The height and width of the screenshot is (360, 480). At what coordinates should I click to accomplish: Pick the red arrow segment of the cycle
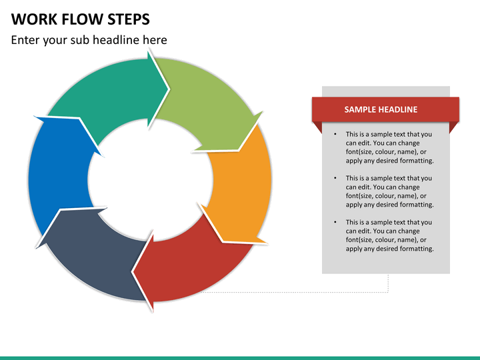pyautogui.click(x=193, y=263)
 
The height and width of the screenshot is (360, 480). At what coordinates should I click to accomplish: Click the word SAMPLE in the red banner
pyautogui.click(x=360, y=109)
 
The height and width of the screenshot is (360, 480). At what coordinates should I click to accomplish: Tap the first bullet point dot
pyautogui.click(x=335, y=134)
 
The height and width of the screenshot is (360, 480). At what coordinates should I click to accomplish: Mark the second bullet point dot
pyautogui.click(x=335, y=178)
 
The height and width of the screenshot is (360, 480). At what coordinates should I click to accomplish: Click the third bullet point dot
pyautogui.click(x=335, y=222)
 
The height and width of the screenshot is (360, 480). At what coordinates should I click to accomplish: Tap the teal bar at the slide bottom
pyautogui.click(x=240, y=357)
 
